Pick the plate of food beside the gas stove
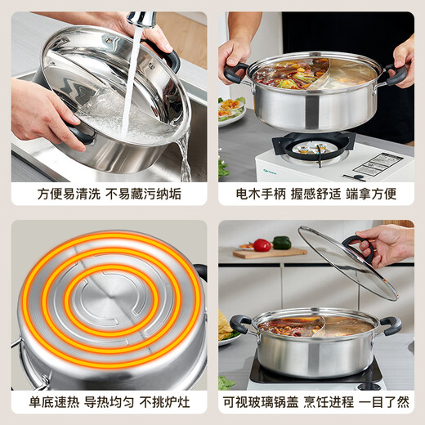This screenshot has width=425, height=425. point(230,109)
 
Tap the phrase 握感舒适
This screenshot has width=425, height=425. point(315,195)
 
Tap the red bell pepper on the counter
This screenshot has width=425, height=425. point(262,245)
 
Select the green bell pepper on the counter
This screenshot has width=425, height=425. point(282,243)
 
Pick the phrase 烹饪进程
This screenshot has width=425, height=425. point(334,401)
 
